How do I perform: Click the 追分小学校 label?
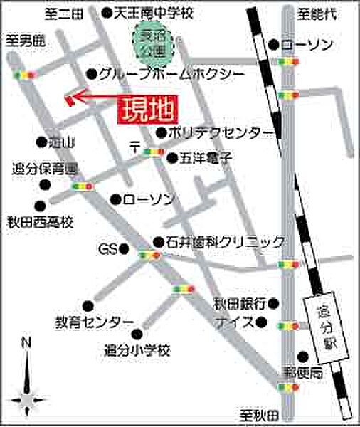tap(137, 351)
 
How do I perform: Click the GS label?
tap(107, 249)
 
